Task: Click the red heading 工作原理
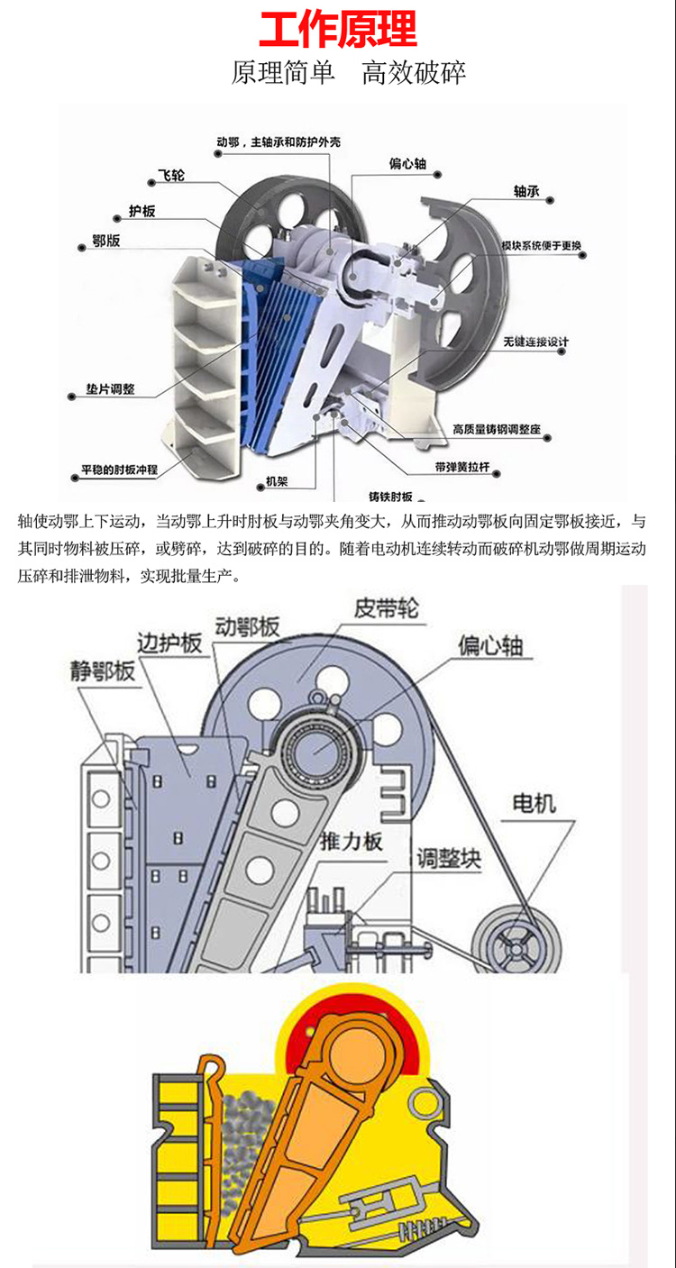coord(338,29)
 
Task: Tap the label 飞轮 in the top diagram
coord(170,176)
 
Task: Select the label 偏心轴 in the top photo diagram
coord(407,164)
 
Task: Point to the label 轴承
coord(526,192)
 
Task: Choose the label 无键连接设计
coord(536,342)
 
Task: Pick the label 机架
coord(277,482)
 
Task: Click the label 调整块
coord(448,858)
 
